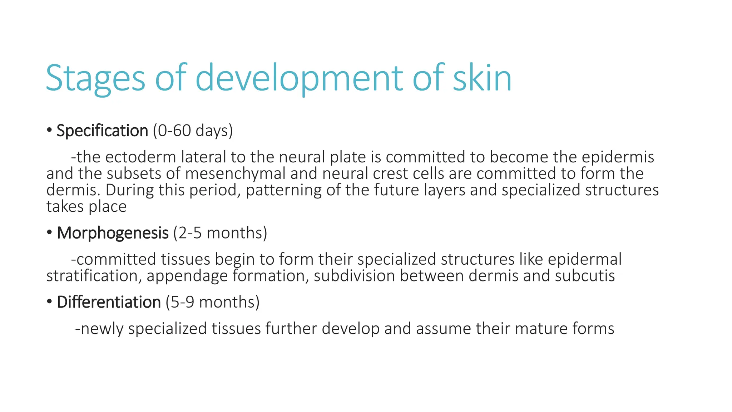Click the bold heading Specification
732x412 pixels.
(x=102, y=131)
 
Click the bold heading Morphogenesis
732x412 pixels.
(x=113, y=233)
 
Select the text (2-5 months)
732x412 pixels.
(x=220, y=233)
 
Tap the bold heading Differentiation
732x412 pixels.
(x=109, y=302)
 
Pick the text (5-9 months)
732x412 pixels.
(x=213, y=302)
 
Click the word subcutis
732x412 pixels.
(x=585, y=276)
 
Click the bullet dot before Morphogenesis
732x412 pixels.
(x=49, y=233)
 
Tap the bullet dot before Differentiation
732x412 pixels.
(x=49, y=302)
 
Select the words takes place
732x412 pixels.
(x=86, y=207)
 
